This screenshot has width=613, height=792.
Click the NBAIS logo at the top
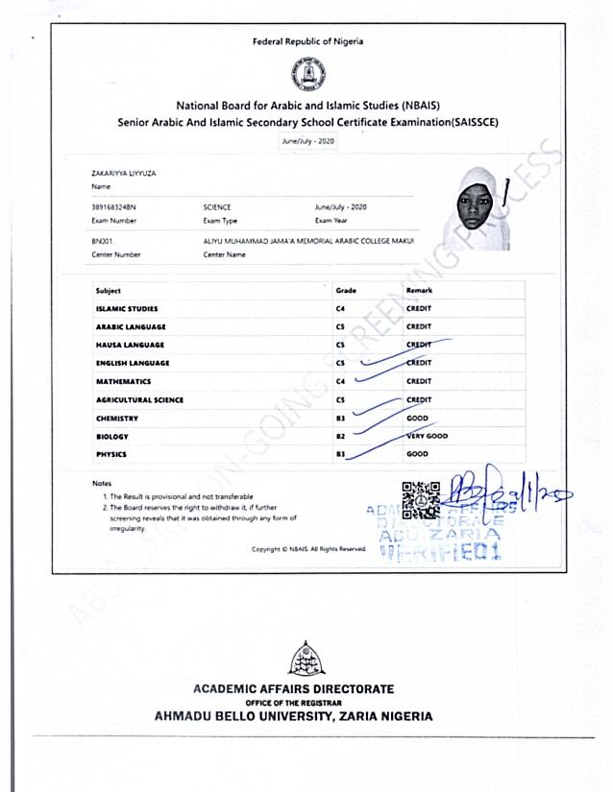[x=307, y=73]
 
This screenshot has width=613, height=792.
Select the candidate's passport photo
[x=473, y=208]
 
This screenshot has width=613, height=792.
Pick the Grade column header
[x=346, y=290]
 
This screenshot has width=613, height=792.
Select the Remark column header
[x=419, y=290]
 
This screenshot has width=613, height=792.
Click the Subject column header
[x=109, y=290]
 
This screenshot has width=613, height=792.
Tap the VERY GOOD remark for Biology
[x=428, y=436]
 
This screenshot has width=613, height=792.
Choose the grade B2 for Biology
[x=340, y=436]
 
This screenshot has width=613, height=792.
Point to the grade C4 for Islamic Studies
[x=340, y=308]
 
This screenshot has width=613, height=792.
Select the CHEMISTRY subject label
[x=117, y=418]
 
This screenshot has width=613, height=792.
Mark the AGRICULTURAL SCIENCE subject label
[x=139, y=399]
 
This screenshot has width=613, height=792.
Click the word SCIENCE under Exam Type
[x=217, y=207]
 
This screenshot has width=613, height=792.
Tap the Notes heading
[x=102, y=482]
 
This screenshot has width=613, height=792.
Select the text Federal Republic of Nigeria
[x=307, y=41]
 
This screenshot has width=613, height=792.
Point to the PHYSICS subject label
[x=111, y=454]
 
